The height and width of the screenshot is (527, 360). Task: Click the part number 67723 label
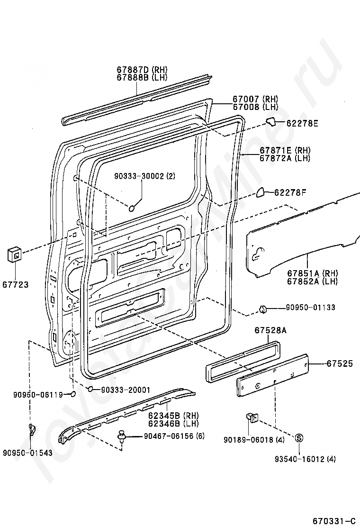pos(16,285)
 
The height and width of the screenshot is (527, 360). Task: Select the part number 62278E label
pos(302,123)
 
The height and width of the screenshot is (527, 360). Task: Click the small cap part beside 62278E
pos(270,122)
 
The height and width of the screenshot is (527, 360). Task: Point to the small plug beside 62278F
pos(261,192)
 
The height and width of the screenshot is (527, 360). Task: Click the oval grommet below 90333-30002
pos(132,209)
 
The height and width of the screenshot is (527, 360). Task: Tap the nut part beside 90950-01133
pos(262,308)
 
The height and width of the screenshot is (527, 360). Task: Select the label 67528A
pos(270,330)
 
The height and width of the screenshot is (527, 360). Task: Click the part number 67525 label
pos(340,363)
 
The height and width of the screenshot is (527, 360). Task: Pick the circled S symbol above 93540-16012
pos(299,438)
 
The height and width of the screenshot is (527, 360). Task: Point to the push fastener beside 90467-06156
pos(121,436)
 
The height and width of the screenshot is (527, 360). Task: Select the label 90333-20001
pos(125,390)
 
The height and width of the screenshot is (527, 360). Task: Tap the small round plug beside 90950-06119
pos(73,394)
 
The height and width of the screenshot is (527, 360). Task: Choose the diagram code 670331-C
pos(334,521)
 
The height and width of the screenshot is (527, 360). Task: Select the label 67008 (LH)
pos(256,107)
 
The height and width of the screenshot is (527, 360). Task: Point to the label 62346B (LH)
pos(173,424)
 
